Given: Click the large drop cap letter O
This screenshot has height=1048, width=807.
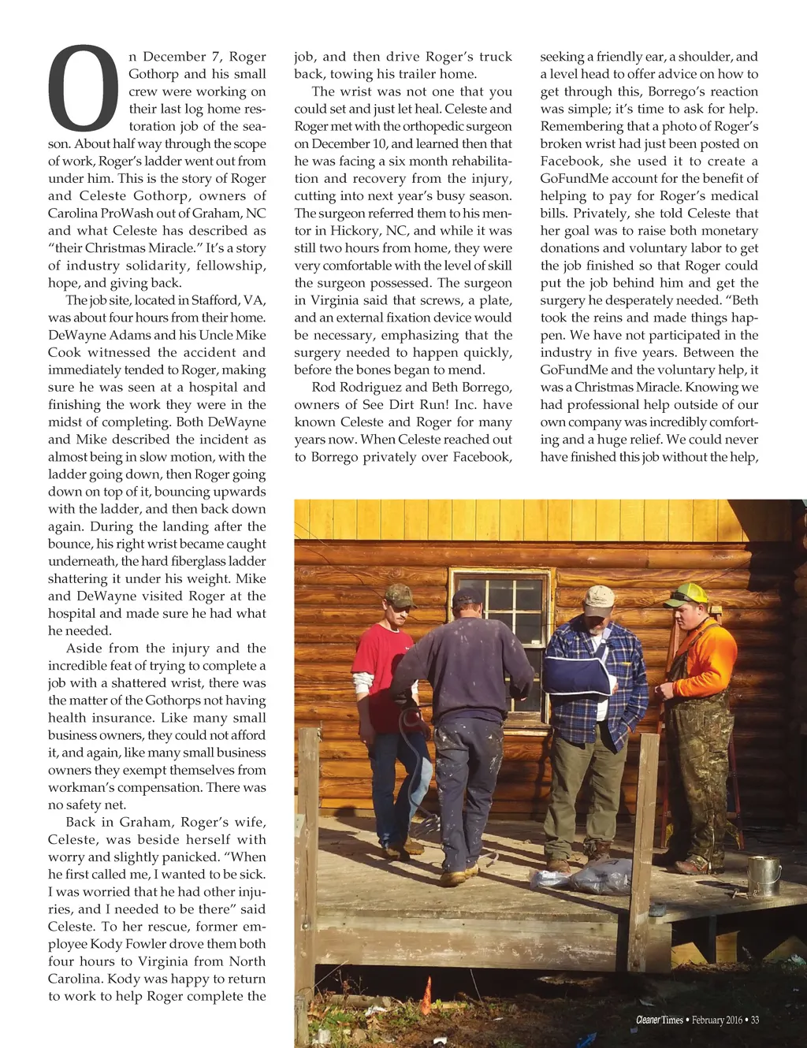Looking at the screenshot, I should click(84, 89).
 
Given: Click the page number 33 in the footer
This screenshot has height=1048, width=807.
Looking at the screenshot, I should click(754, 1020).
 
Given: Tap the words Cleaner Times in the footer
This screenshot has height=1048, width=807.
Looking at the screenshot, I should click(660, 1020).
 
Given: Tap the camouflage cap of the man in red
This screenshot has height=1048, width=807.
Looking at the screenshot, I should click(400, 593).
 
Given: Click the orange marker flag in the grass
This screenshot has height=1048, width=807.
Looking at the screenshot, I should click(427, 994).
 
